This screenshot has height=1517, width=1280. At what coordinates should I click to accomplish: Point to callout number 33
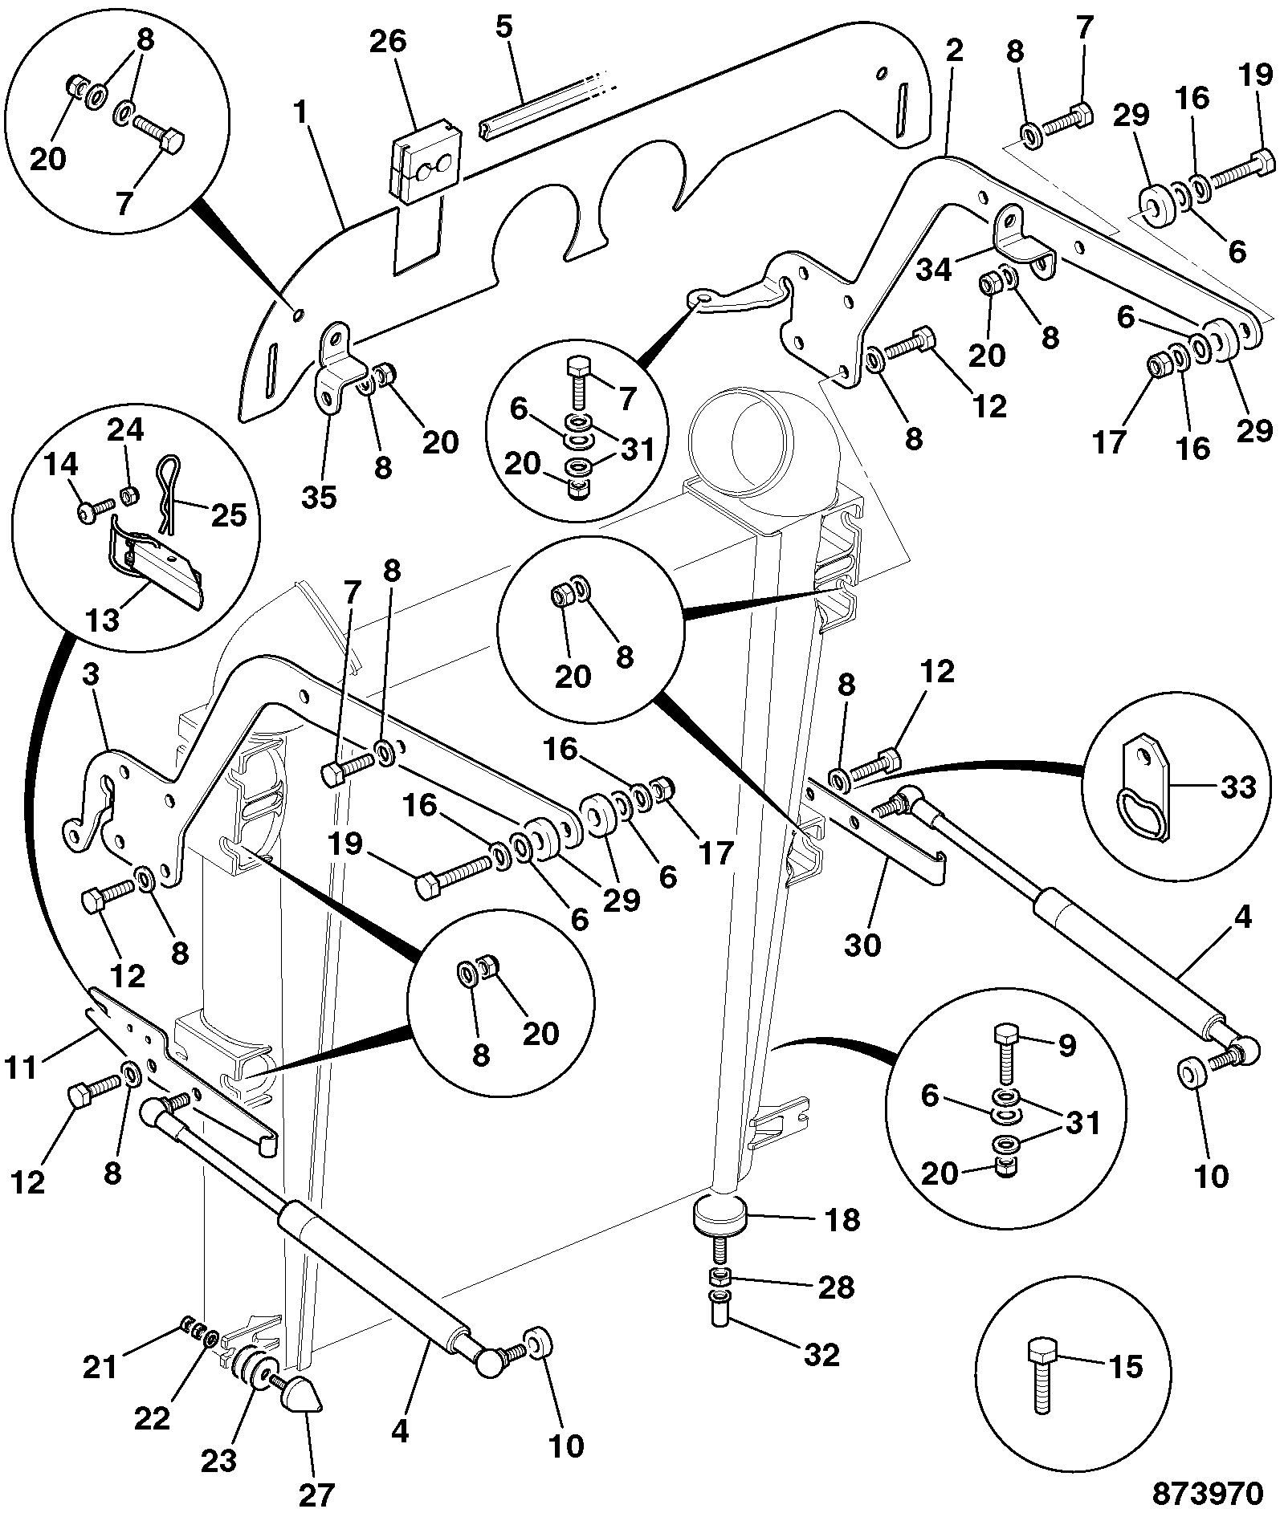pos(1237,787)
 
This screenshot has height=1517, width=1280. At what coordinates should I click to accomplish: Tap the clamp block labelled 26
pos(426,168)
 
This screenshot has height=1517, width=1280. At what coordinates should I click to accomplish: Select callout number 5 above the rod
pos(503,26)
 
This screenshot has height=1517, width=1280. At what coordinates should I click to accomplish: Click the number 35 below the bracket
pos(320,497)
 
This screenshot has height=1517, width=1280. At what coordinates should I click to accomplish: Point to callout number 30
pos(862,945)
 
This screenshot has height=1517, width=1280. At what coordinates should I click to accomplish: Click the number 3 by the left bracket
pos(91,675)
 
